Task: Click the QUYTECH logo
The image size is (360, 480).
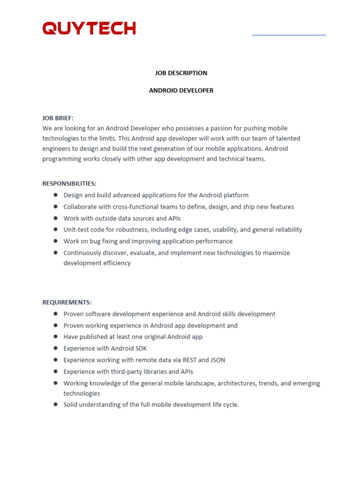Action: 89,28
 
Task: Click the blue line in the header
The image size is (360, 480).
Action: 289,35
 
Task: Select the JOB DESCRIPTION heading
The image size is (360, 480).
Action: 181,73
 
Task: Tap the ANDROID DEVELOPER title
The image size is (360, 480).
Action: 181,90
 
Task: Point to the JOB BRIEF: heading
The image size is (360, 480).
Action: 58,118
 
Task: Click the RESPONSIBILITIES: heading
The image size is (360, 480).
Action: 69,184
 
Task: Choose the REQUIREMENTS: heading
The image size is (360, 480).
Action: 67,302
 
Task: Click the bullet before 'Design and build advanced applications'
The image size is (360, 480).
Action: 55,195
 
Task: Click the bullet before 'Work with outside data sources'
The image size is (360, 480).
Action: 55,218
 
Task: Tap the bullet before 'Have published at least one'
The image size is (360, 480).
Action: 55,337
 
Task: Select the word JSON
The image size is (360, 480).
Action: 216,360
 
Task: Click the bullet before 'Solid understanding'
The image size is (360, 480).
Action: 55,404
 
